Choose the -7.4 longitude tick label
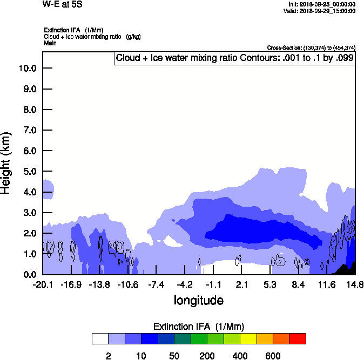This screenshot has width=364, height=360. [156, 284]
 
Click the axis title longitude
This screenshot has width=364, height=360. [198, 300]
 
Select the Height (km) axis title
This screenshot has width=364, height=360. [6, 163]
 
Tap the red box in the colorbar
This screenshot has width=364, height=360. [297, 338]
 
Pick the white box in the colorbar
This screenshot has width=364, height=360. [100, 338]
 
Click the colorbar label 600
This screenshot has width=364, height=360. [273, 356]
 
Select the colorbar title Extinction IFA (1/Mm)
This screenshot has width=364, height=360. [199, 327]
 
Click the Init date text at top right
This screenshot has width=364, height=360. [322, 4]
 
